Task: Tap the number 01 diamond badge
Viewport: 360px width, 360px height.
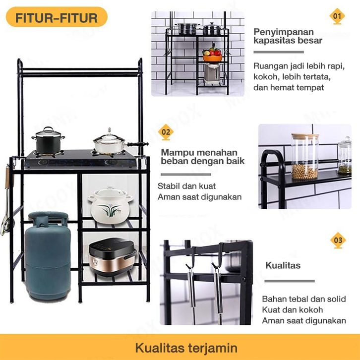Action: (x=338, y=16)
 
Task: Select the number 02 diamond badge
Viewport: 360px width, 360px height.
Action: (x=166, y=132)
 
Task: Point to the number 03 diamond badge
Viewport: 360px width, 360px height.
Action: (x=338, y=240)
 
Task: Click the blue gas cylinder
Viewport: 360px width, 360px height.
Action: (x=48, y=256)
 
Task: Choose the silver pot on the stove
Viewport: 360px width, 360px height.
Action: (x=110, y=142)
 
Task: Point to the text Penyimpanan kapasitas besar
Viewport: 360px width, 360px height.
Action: (x=288, y=36)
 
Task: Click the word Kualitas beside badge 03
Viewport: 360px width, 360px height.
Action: (x=283, y=265)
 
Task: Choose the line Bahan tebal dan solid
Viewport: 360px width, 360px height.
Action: (x=303, y=299)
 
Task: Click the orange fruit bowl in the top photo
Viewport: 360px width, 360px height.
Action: (x=212, y=55)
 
